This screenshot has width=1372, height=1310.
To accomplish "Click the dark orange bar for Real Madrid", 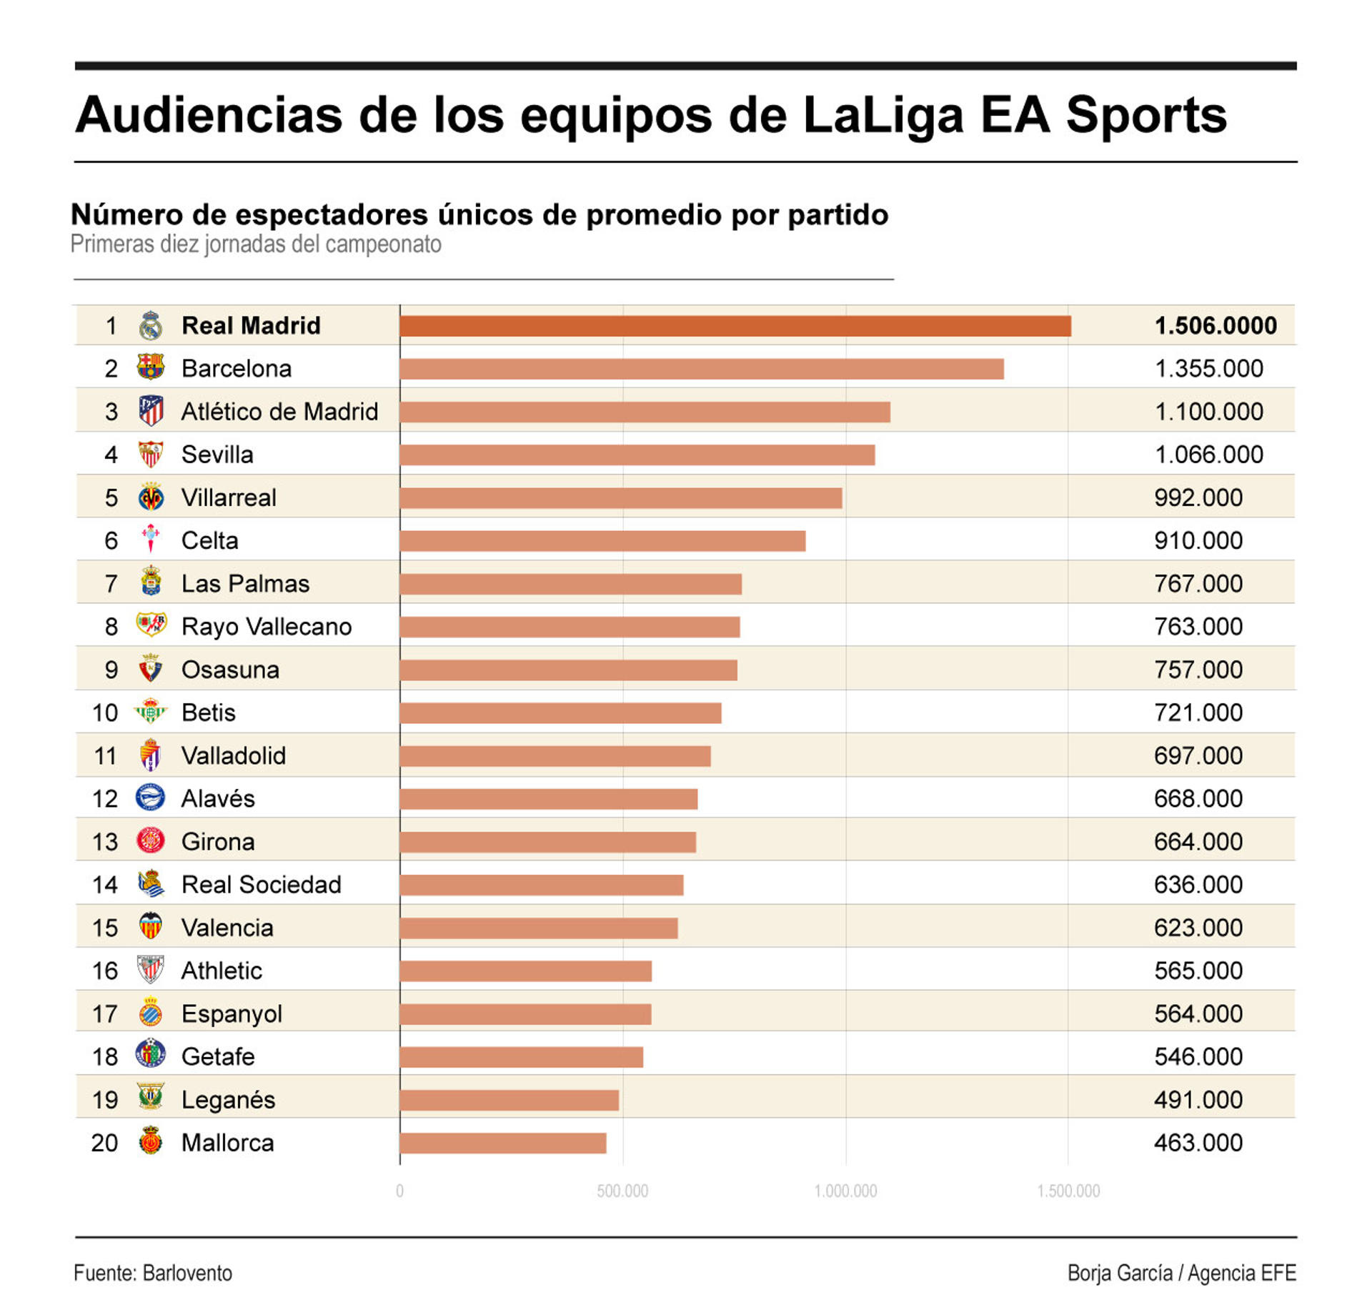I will [735, 326].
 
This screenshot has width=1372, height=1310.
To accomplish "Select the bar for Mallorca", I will [502, 1143].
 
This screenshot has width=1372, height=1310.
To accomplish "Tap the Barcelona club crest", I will [150, 367].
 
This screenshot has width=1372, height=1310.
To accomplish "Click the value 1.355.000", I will [1208, 369].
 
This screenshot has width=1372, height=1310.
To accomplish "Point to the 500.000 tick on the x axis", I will [622, 1191].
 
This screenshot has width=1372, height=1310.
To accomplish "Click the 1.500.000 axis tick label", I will [1068, 1191].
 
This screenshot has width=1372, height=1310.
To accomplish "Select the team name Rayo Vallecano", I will [266, 627].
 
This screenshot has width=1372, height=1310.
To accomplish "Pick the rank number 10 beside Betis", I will [105, 713].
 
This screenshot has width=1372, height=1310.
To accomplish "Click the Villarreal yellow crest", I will [151, 497].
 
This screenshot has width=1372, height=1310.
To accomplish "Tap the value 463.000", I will [1198, 1143].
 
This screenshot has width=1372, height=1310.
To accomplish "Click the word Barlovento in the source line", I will [187, 1273].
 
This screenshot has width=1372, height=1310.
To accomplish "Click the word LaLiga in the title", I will [883, 115].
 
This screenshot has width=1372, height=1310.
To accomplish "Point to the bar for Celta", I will [602, 541].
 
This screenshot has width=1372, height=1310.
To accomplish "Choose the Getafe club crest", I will [150, 1054].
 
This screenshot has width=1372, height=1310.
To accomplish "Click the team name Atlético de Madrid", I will [279, 412].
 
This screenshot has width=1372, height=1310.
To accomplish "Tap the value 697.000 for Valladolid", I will [1198, 755].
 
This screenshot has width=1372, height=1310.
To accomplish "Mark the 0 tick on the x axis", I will [399, 1191].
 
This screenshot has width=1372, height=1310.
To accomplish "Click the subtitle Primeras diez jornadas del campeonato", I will [256, 244].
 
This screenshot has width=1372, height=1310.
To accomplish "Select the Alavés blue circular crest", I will [150, 798].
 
